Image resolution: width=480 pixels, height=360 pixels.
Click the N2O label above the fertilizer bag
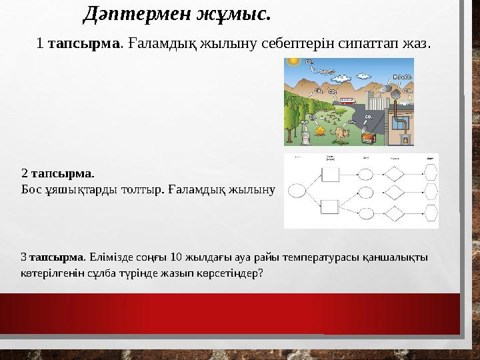pos(304,123)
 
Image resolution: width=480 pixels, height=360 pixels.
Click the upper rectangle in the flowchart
pos(330,174)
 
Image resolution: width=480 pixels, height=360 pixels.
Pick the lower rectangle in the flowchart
pos(330,207)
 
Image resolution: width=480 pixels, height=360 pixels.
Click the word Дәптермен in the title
pos(126,13)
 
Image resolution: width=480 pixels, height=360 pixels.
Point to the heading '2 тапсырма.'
pos(57,173)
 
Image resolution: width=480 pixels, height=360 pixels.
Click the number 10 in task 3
pos(177,257)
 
